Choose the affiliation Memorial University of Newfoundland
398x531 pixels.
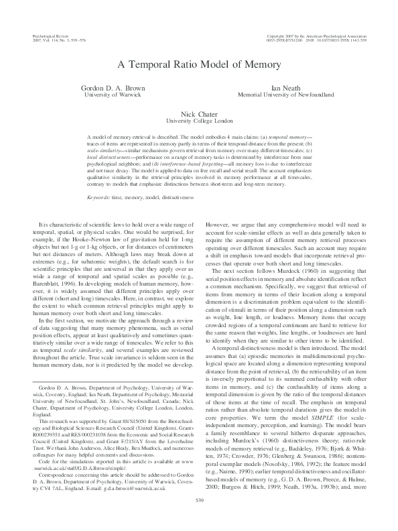[x=285, y=95]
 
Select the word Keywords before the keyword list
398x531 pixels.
[x=99, y=198]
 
